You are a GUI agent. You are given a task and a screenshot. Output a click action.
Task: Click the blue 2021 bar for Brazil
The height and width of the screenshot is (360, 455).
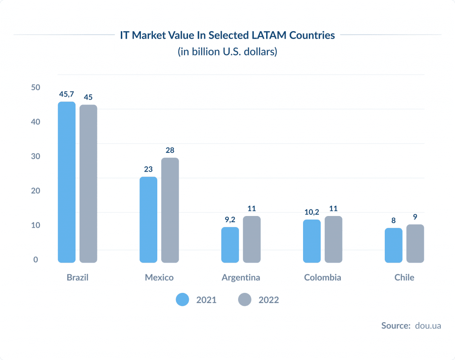pyautogui.click(x=67, y=182)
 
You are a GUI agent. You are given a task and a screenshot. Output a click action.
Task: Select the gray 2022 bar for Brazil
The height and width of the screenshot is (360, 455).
pyautogui.click(x=88, y=184)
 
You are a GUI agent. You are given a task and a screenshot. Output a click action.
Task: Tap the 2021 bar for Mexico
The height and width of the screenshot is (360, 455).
pyautogui.click(x=148, y=220)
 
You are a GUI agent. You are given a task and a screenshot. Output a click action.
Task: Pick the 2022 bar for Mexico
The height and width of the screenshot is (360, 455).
pyautogui.click(x=170, y=210)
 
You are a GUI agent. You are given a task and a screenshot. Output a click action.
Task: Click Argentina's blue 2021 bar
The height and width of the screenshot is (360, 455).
pyautogui.click(x=230, y=245)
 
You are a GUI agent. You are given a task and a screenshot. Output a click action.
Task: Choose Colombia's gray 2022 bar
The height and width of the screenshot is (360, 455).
pyautogui.click(x=333, y=239)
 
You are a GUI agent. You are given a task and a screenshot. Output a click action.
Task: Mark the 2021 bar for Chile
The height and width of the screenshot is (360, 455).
pyautogui.click(x=393, y=245)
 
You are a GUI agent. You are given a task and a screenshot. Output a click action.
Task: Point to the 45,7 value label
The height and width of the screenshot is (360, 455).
pyautogui.click(x=67, y=94)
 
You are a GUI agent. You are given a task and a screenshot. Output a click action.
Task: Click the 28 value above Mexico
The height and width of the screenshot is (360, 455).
pyautogui.click(x=170, y=150)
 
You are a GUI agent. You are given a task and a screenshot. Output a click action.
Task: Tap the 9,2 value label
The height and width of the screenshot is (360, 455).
pyautogui.click(x=230, y=219)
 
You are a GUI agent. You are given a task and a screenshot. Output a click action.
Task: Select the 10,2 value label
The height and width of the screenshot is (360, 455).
pyautogui.click(x=311, y=212)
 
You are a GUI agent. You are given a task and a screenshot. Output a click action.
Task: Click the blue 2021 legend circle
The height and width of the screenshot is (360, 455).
pyautogui.click(x=183, y=300)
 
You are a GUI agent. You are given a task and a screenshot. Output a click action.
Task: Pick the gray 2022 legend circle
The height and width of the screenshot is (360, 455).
pyautogui.click(x=244, y=300)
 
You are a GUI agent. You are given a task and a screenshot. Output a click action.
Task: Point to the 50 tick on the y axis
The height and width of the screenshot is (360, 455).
pyautogui.click(x=36, y=88)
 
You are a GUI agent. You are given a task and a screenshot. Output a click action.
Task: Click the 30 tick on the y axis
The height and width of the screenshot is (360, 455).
pyautogui.click(x=36, y=156)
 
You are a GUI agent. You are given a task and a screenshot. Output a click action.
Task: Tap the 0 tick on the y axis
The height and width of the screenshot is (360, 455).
pyautogui.click(x=36, y=260)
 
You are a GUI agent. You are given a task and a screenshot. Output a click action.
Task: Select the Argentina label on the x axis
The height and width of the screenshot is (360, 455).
pyautogui.click(x=241, y=277)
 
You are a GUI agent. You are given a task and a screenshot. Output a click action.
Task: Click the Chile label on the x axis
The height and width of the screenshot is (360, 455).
pyautogui.click(x=404, y=277)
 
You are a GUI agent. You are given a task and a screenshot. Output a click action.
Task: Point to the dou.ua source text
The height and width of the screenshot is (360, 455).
pyautogui.click(x=427, y=326)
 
